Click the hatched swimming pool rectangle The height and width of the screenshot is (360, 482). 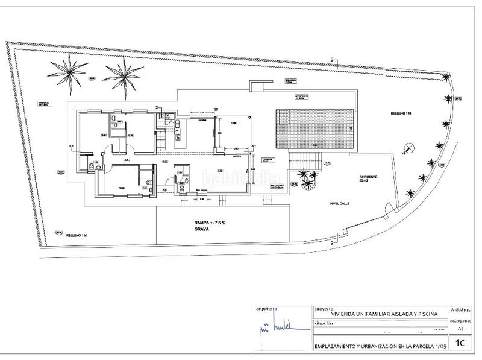(313, 129)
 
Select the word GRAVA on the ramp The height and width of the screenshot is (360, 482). (202, 230)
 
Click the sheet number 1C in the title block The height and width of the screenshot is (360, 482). (460, 344)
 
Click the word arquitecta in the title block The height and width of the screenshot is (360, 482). (266, 308)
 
